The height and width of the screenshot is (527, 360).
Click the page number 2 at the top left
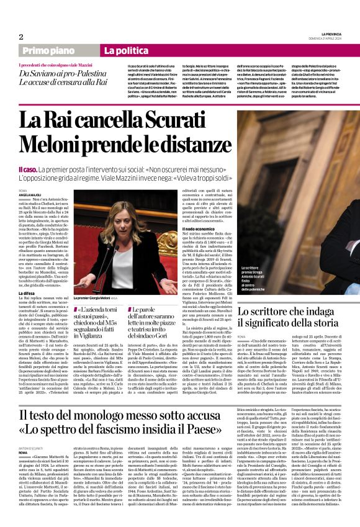coord(20,37)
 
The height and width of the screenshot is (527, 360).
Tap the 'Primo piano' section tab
coord(60,50)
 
